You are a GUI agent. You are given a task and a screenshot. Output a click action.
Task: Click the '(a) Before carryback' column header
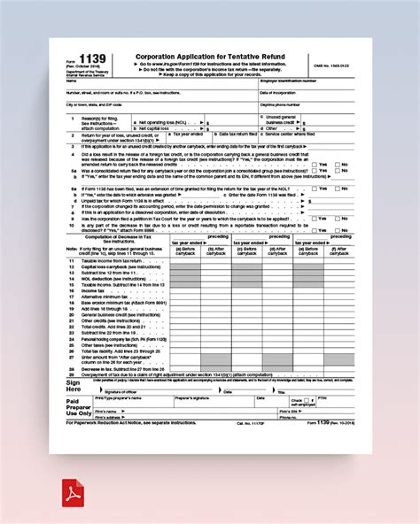[x=184, y=250]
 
